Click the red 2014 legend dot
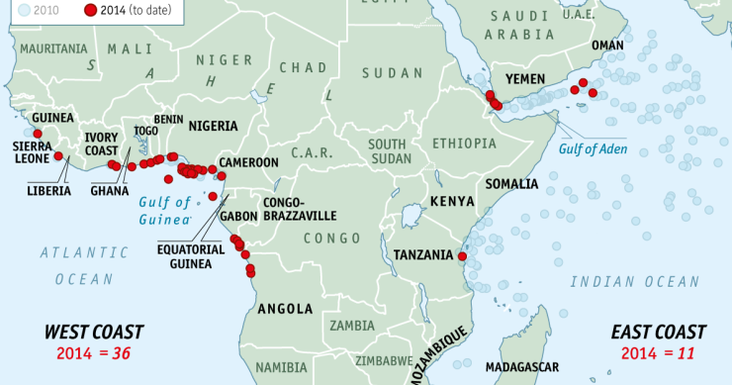[90, 10]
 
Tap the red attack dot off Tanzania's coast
[461, 256]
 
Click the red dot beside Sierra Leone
[58, 156]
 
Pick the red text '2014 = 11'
[658, 352]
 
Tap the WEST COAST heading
[95, 332]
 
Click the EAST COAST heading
[658, 332]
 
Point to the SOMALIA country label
[510, 184]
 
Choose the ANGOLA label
[285, 308]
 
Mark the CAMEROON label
[248, 162]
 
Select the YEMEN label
[526, 78]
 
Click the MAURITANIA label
[46, 48]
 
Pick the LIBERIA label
[49, 190]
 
